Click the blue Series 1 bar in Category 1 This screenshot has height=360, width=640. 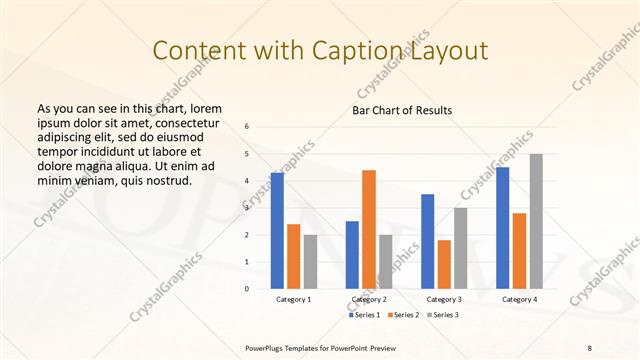click(277, 231)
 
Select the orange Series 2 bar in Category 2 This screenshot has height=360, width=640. click(369, 229)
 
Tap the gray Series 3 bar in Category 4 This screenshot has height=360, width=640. click(536, 221)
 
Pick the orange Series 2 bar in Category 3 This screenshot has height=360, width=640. click(444, 264)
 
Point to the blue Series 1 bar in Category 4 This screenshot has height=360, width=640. click(502, 228)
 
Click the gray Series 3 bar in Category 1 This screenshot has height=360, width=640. click(310, 262)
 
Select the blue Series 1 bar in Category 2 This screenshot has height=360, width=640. click(352, 255)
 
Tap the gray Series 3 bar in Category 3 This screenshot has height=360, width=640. click(460, 248)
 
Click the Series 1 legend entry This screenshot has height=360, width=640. click(365, 315)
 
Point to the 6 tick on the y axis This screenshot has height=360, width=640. click(248, 126)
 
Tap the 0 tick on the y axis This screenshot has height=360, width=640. click(248, 289)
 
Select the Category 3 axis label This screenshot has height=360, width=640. click(444, 299)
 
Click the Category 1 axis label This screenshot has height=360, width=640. click(293, 299)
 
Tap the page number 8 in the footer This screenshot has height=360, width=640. click(590, 347)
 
